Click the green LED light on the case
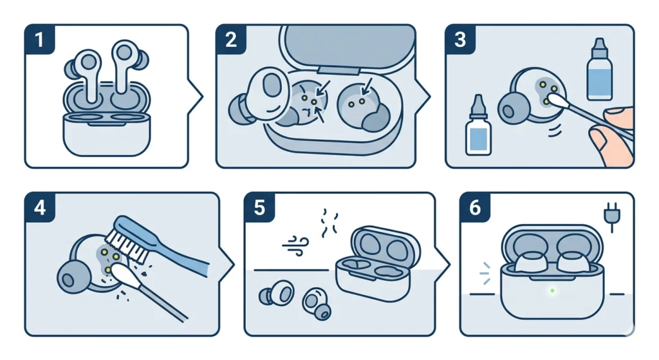pos(552,291)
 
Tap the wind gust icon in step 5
pos(293,245)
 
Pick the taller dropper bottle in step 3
pos(599,71)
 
